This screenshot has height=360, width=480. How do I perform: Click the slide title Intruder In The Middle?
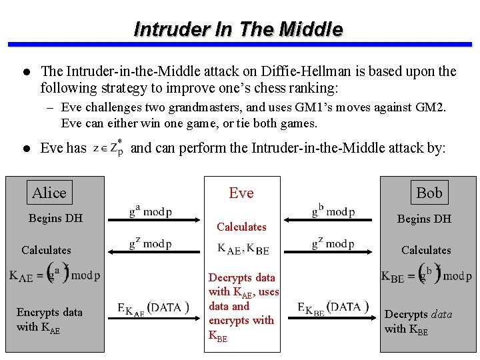[x=239, y=29]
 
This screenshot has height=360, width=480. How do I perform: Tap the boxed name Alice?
[x=49, y=193]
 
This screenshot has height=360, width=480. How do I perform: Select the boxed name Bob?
[x=429, y=193]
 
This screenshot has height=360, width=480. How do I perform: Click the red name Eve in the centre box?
[x=241, y=193]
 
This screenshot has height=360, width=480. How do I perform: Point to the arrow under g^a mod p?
[x=150, y=223]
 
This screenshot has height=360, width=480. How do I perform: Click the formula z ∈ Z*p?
[x=108, y=149]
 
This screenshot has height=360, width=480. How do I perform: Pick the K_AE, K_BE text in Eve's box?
[x=243, y=249]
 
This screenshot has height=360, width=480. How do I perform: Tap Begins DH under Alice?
[x=55, y=218]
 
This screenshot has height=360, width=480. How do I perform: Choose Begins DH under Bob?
[x=424, y=219]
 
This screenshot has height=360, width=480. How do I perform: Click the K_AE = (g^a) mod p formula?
[x=55, y=275]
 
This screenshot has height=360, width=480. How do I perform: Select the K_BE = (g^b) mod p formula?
[x=426, y=275]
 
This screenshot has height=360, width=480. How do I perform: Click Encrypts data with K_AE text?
[x=49, y=319]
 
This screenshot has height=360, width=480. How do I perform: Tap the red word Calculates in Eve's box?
[x=241, y=227]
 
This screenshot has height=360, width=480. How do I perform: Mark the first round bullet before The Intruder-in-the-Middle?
[x=25, y=71]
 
